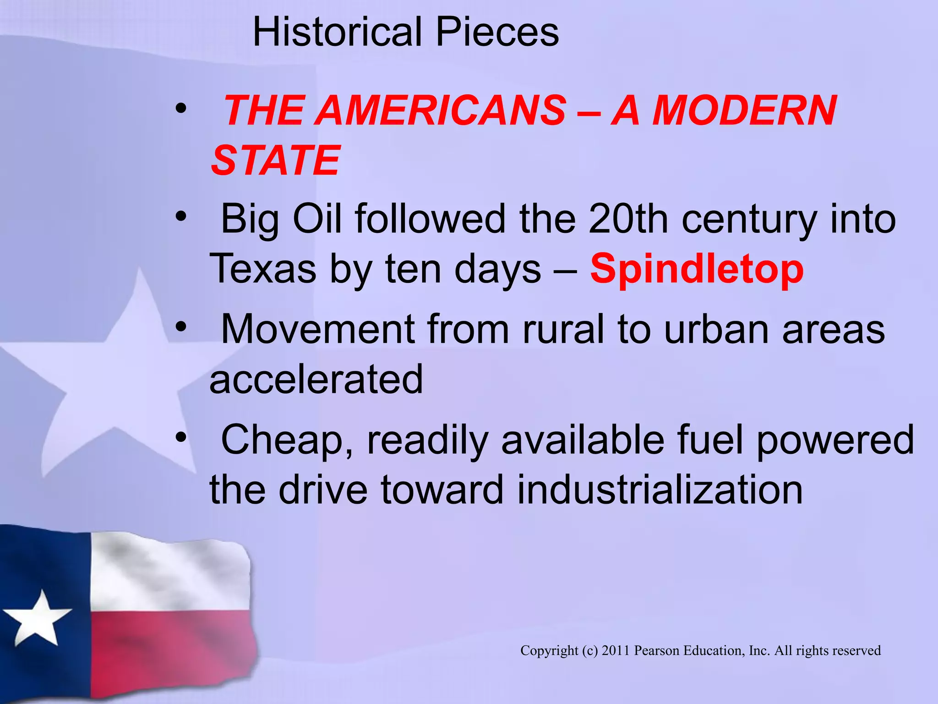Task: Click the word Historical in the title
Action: pos(337,32)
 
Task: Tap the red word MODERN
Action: pos(744,111)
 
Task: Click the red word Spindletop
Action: pos(697,269)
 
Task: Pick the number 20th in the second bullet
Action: pos(628,219)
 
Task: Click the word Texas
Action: pos(262,269)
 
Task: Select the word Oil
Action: pos(317,219)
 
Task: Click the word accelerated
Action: pos(316,379)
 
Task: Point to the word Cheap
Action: pos(287,440)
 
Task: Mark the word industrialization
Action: pos(660,489)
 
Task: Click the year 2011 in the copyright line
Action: pos(616,650)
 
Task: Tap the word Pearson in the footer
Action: pos(657,650)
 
